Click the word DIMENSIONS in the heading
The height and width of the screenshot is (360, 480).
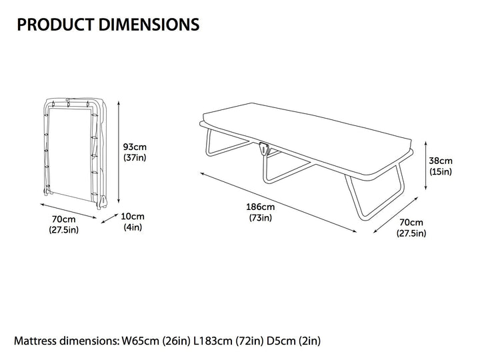(x=149, y=25)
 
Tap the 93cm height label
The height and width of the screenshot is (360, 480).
(x=135, y=147)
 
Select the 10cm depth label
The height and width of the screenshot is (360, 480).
(x=133, y=217)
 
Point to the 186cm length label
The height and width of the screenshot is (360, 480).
(x=261, y=207)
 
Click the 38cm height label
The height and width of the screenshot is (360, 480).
(x=441, y=161)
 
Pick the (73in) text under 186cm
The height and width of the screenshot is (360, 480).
(x=261, y=217)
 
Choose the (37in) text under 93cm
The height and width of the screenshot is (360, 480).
(x=135, y=157)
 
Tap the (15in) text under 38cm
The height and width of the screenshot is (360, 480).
(x=441, y=172)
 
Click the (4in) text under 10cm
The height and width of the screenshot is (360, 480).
(x=133, y=227)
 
